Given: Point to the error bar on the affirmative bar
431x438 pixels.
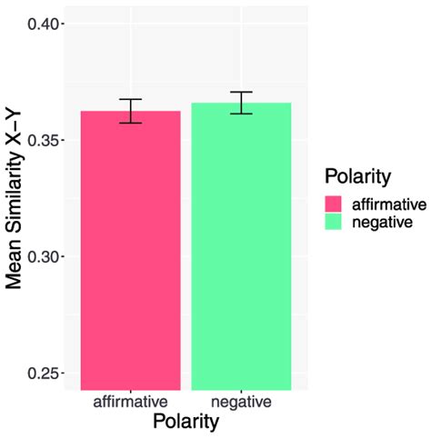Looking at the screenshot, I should pos(131,111).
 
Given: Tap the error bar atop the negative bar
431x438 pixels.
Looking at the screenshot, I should pos(241,103).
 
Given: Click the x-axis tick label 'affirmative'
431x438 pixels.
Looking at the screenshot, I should pos(131,402).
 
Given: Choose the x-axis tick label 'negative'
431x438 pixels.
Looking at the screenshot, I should pos(241,402).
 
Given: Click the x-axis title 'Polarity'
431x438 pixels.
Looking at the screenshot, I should pos(185,423).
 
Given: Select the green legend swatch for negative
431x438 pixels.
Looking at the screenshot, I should pos(333,221).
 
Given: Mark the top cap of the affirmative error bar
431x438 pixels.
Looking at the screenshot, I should pos(131,99).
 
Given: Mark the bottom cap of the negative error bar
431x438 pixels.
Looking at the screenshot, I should pos(241,114).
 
